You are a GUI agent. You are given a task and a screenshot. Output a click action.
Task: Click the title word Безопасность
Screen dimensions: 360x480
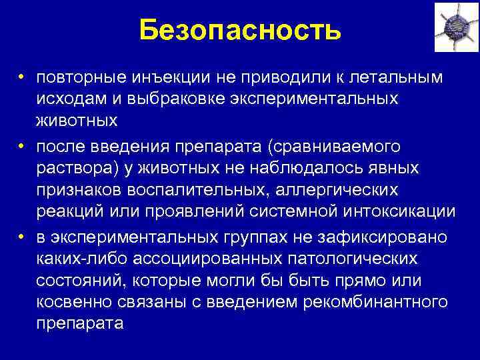[241, 29]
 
